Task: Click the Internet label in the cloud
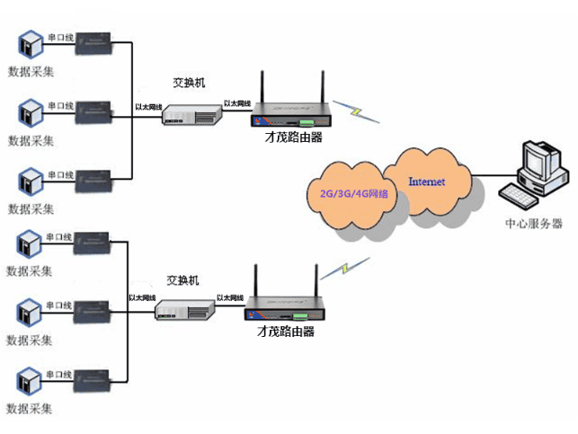click(x=426, y=182)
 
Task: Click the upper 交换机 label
click(x=190, y=83)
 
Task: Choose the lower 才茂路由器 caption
click(x=285, y=332)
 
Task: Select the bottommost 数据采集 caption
click(x=30, y=409)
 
